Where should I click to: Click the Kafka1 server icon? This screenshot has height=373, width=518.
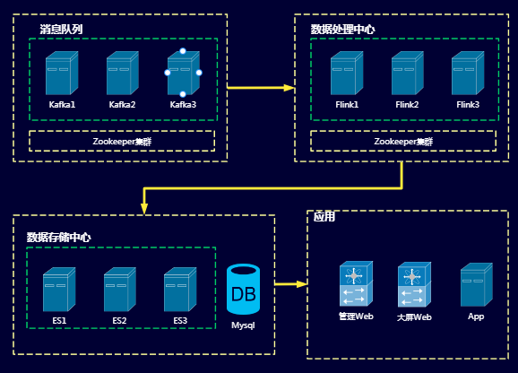[x=62, y=73]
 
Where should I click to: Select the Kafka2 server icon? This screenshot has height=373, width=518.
[x=123, y=73]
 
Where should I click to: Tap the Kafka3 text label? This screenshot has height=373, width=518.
[x=183, y=105]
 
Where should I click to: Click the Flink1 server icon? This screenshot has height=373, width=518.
[x=347, y=73]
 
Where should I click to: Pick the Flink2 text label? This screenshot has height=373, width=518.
[x=407, y=105]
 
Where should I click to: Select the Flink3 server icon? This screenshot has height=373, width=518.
[x=468, y=73]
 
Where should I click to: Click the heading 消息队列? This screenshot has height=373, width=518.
[x=61, y=30]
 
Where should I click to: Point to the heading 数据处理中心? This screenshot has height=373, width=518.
[x=342, y=30]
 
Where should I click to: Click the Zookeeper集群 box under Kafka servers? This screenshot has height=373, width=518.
[x=122, y=141]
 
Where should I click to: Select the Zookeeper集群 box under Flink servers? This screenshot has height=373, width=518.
[x=403, y=141]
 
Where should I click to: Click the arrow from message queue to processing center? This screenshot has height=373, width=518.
[x=261, y=88]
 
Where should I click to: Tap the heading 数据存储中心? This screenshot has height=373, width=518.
[x=58, y=238]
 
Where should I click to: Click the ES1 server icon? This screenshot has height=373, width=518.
[x=59, y=290]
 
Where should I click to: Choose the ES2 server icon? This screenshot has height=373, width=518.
[x=120, y=290]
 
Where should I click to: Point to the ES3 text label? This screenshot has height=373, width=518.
[x=180, y=321]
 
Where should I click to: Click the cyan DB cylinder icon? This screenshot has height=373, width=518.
[x=243, y=290]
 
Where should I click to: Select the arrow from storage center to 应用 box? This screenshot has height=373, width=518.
[x=291, y=284]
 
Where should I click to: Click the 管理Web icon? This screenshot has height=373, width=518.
[x=356, y=284]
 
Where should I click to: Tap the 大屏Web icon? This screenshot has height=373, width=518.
[x=414, y=284]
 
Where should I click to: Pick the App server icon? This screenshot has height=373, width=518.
[x=477, y=285]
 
